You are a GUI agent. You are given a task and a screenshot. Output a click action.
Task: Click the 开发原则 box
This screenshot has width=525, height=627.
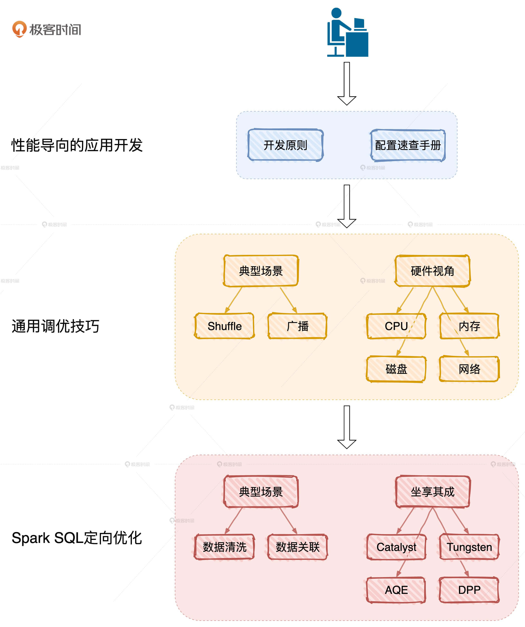click(285, 145)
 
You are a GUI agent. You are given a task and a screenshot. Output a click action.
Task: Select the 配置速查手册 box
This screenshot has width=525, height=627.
click(408, 145)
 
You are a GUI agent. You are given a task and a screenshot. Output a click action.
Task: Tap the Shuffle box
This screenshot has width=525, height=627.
click(224, 326)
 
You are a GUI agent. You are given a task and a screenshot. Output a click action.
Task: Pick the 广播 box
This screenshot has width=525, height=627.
click(298, 326)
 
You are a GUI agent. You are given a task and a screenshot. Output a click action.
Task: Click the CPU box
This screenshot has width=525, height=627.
click(396, 326)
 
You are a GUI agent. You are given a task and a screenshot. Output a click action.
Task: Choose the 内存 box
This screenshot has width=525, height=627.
click(469, 326)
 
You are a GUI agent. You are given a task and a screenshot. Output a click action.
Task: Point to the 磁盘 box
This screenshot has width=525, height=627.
click(396, 369)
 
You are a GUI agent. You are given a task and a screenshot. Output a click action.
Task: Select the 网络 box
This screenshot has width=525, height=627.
click(469, 369)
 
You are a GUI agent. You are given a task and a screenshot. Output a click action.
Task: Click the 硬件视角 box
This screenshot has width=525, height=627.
click(432, 271)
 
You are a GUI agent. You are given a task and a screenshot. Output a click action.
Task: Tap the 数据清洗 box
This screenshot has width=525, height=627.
click(224, 547)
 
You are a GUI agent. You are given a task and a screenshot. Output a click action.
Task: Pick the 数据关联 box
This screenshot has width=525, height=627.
click(298, 547)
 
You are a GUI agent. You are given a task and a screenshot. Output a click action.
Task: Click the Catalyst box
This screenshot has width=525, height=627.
click(396, 547)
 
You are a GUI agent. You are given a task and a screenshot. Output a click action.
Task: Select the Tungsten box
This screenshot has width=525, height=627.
click(469, 547)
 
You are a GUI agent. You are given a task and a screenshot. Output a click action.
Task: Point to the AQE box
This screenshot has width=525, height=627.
click(396, 590)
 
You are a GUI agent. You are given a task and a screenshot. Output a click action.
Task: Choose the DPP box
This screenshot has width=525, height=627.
click(469, 590)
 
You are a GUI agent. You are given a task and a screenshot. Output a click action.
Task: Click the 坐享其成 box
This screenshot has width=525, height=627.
click(432, 492)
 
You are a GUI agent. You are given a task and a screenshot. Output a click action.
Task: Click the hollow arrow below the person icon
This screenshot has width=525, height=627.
click(347, 84)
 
